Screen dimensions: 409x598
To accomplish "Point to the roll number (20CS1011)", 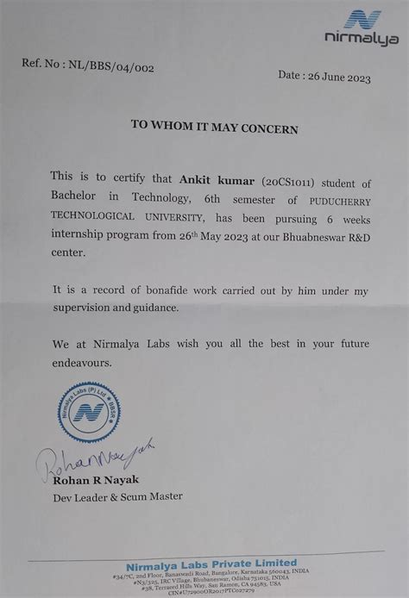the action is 277,180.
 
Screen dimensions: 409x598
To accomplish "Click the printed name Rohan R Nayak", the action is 95,479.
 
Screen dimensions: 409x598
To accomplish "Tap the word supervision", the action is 85,307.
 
